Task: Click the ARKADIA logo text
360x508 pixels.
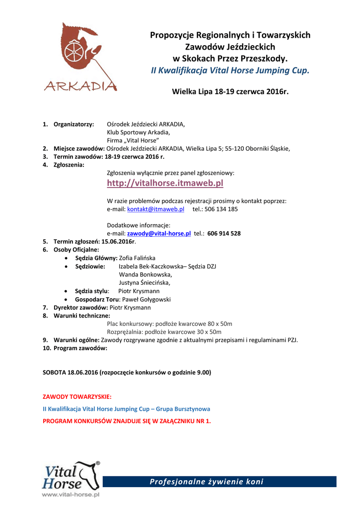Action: click(80, 86)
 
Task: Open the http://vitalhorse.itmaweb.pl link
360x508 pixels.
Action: click(165, 184)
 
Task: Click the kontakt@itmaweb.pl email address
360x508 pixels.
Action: click(156, 209)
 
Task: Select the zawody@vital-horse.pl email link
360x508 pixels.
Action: click(159, 233)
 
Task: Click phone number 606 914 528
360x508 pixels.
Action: click(224, 233)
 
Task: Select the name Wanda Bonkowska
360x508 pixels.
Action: click(145, 274)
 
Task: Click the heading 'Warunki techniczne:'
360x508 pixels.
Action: click(82, 316)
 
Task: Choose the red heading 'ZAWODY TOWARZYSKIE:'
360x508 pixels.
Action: click(77, 397)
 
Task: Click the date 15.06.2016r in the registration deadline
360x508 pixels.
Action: click(118, 241)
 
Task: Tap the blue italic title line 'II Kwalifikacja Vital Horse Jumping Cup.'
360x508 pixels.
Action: click(230, 70)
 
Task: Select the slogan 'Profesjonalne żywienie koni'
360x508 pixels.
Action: click(207, 482)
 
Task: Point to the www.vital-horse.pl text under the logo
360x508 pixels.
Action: click(71, 495)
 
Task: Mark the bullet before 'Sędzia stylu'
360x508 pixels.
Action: click(67, 291)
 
